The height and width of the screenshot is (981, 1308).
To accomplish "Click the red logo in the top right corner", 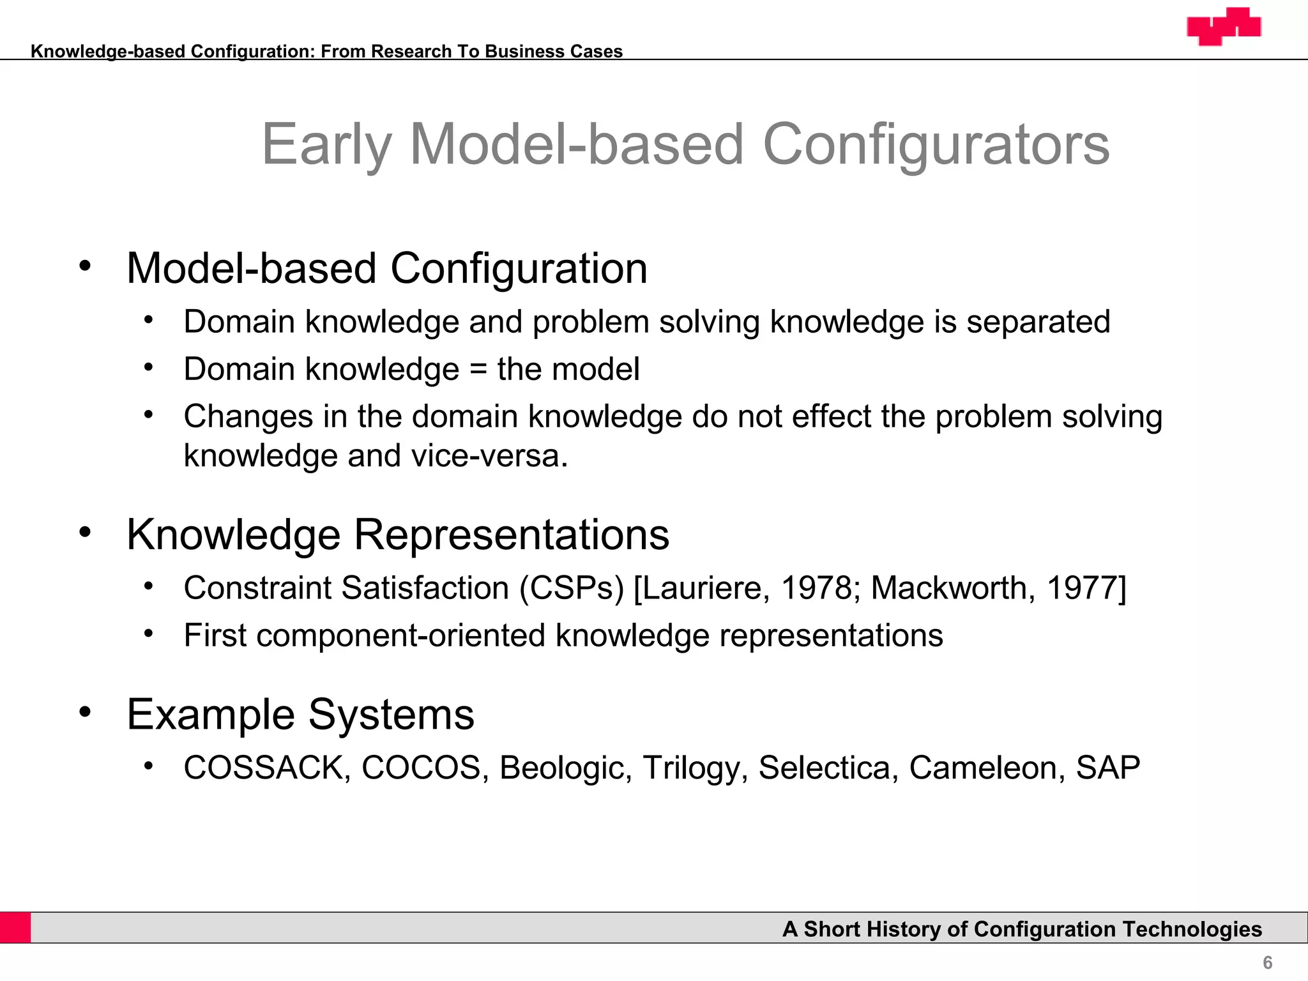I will pyautogui.click(x=1224, y=27).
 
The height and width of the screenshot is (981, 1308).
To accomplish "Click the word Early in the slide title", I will pyautogui.click(x=326, y=145).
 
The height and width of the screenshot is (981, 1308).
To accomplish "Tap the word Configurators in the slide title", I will pyautogui.click(x=936, y=145).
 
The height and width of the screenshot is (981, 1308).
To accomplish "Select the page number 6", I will pyautogui.click(x=1267, y=962).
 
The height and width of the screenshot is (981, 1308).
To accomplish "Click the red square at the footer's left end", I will pyautogui.click(x=15, y=927).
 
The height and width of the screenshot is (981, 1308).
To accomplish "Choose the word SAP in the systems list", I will pyautogui.click(x=1107, y=768).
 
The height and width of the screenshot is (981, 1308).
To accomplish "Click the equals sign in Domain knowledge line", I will pyautogui.click(x=478, y=370).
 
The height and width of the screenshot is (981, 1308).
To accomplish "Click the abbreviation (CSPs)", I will pyautogui.click(x=571, y=588).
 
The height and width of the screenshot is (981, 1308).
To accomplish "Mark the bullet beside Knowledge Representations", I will pyautogui.click(x=86, y=532).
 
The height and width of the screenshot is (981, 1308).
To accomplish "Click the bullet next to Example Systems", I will pyautogui.click(x=86, y=711).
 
